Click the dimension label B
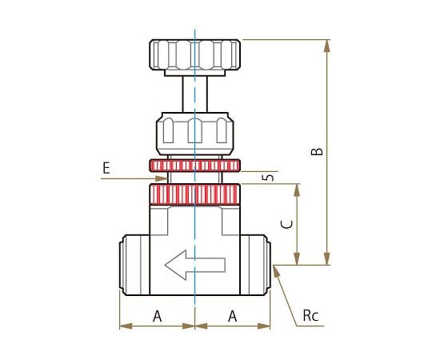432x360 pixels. (317, 152)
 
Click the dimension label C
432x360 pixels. (287, 225)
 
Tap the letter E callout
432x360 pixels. (106, 168)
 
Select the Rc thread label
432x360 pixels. (310, 316)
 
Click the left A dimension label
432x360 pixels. (158, 316)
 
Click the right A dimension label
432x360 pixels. (232, 316)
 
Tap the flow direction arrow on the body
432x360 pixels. (195, 265)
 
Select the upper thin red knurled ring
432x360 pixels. (194, 166)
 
